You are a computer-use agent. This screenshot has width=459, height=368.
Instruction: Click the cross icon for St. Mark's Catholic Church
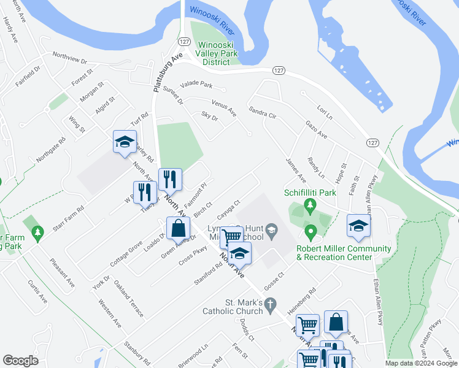[x=269, y=303]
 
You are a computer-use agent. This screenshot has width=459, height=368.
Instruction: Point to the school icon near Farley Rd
[x=125, y=142]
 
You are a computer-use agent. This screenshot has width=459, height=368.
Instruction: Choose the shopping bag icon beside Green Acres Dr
[x=177, y=228]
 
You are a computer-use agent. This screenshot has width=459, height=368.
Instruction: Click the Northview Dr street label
[x=70, y=58]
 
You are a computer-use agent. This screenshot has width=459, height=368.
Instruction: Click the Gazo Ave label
[x=316, y=129]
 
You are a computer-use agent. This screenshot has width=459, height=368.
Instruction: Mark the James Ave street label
[x=295, y=169]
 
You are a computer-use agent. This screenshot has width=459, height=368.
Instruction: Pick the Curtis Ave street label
[x=37, y=292]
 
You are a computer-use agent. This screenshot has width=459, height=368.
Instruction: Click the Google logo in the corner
[x=20, y=361]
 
